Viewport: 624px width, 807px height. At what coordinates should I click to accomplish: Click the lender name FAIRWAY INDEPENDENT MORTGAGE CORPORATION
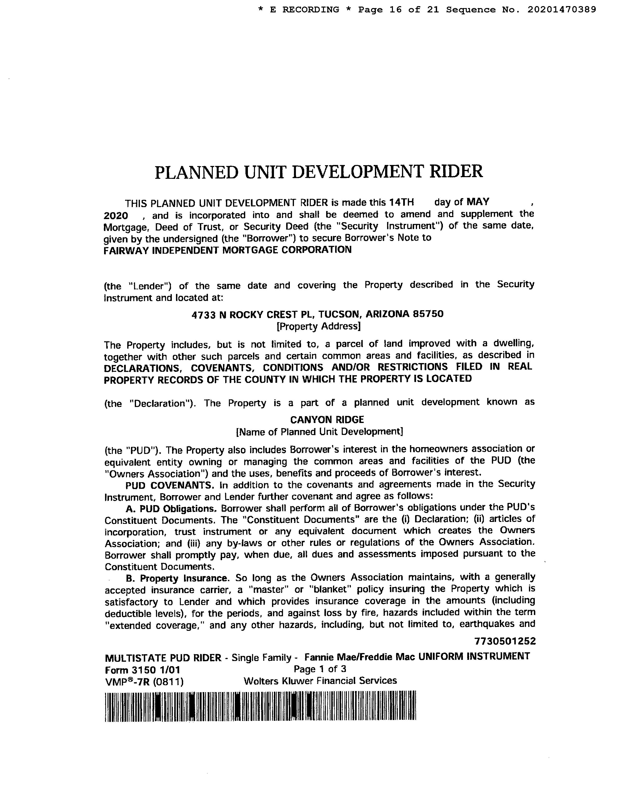pos(227,250)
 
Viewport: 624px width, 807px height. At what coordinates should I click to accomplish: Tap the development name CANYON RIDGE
pos(327,420)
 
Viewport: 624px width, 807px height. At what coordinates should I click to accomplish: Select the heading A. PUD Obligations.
pos(171,509)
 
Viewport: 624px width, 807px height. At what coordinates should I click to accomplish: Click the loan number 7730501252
pos(505,641)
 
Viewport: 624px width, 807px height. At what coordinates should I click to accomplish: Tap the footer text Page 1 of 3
pos(320,669)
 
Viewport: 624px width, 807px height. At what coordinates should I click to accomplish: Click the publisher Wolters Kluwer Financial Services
pos(320,681)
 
